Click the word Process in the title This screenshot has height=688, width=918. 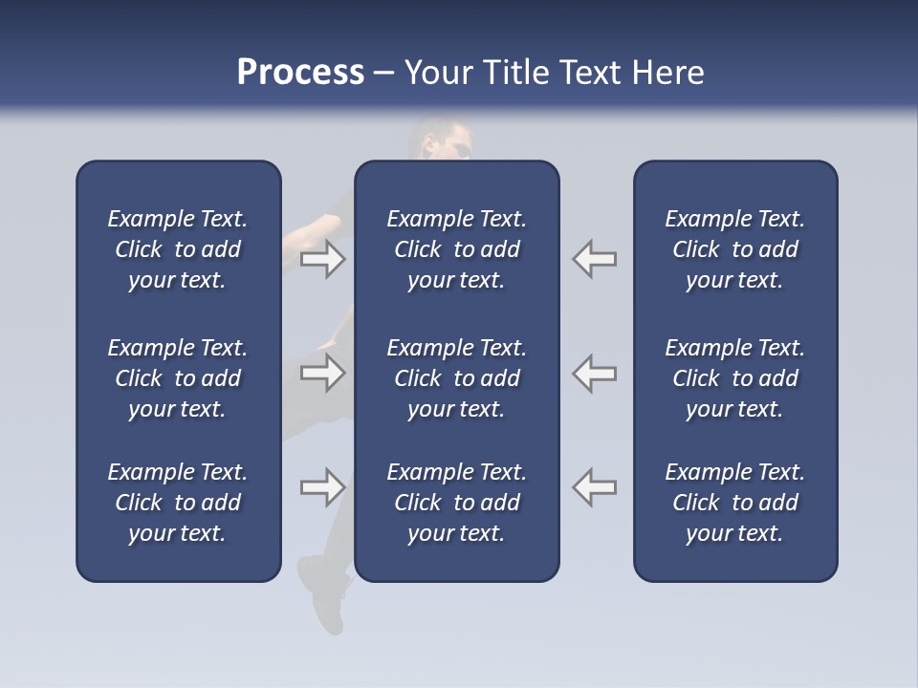tap(300, 73)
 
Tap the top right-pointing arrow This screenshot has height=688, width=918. tap(323, 259)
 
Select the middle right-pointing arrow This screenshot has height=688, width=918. tap(323, 373)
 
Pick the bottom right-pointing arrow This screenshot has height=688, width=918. tap(323, 487)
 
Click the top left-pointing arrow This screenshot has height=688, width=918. tap(595, 259)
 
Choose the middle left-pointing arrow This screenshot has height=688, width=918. tap(595, 373)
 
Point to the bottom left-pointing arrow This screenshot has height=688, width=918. tap(595, 487)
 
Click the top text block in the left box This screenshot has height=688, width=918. tap(178, 249)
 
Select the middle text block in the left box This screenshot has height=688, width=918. tap(178, 378)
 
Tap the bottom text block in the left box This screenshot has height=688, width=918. tap(178, 503)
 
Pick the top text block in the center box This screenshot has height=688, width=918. tap(456, 249)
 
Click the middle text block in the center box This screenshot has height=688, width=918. tap(456, 378)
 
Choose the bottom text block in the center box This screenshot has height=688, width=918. tap(456, 503)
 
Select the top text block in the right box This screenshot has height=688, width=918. tap(734, 249)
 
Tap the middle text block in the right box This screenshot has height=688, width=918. tap(734, 378)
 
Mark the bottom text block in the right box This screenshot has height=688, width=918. tap(734, 503)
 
